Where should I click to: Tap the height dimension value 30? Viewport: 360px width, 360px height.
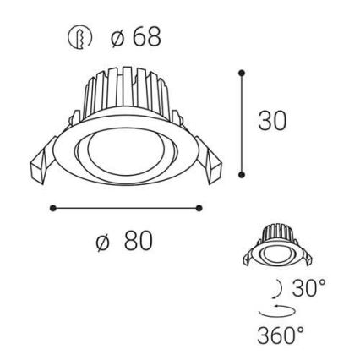(272, 120)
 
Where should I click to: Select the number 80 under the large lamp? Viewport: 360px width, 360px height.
(138, 241)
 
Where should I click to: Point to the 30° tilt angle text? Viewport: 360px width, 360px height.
(309, 287)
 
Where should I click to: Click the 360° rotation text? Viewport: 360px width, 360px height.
(281, 335)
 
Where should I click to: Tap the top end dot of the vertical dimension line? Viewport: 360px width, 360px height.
(242, 73)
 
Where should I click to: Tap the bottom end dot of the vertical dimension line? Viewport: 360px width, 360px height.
(242, 175)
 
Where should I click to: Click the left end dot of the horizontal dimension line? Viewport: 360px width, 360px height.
(52, 206)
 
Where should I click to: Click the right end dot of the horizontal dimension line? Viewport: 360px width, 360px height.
(200, 206)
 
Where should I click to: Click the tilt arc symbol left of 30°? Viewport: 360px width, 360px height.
(280, 287)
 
